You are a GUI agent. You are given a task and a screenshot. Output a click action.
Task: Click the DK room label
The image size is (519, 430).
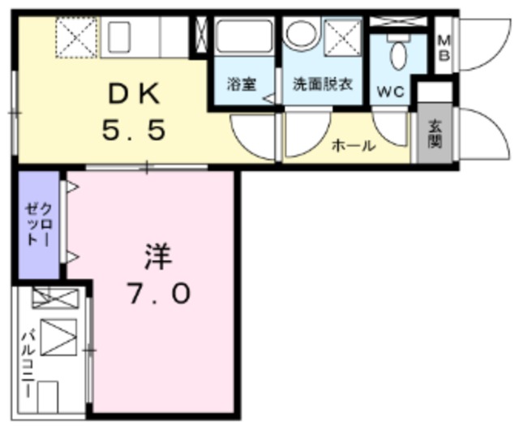(136, 95)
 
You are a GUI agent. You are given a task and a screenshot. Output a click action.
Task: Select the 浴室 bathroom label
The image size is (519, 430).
(242, 84)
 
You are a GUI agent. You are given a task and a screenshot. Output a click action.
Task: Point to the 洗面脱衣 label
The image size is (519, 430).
(322, 84)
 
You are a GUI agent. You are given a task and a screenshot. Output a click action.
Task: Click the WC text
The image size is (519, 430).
(391, 92)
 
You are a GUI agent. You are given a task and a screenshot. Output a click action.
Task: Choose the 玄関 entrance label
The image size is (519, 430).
(435, 133)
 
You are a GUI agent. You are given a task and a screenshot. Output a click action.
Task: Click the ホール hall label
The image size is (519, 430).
(354, 146)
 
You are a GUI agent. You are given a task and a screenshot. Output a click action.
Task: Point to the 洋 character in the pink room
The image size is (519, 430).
(159, 257)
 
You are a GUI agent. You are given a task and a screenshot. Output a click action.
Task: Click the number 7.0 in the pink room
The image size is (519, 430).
(158, 292)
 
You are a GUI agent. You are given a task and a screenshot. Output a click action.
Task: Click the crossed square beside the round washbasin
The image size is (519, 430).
(342, 37)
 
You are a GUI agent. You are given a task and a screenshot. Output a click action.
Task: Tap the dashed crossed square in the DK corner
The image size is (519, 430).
(75, 36)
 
